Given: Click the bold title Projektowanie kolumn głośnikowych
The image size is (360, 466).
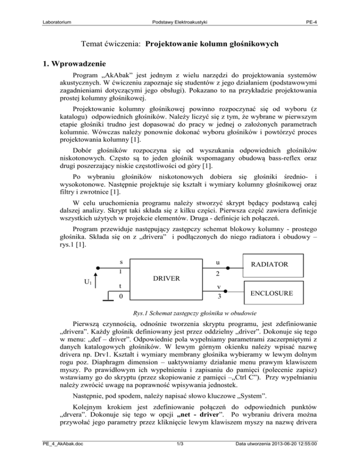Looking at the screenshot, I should coord(213,45).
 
